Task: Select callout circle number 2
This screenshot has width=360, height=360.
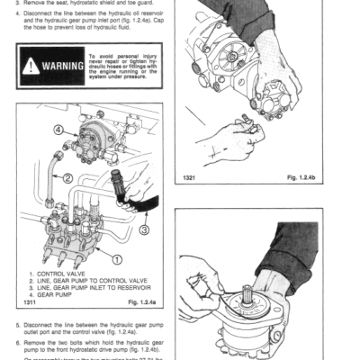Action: [x=67, y=178]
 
